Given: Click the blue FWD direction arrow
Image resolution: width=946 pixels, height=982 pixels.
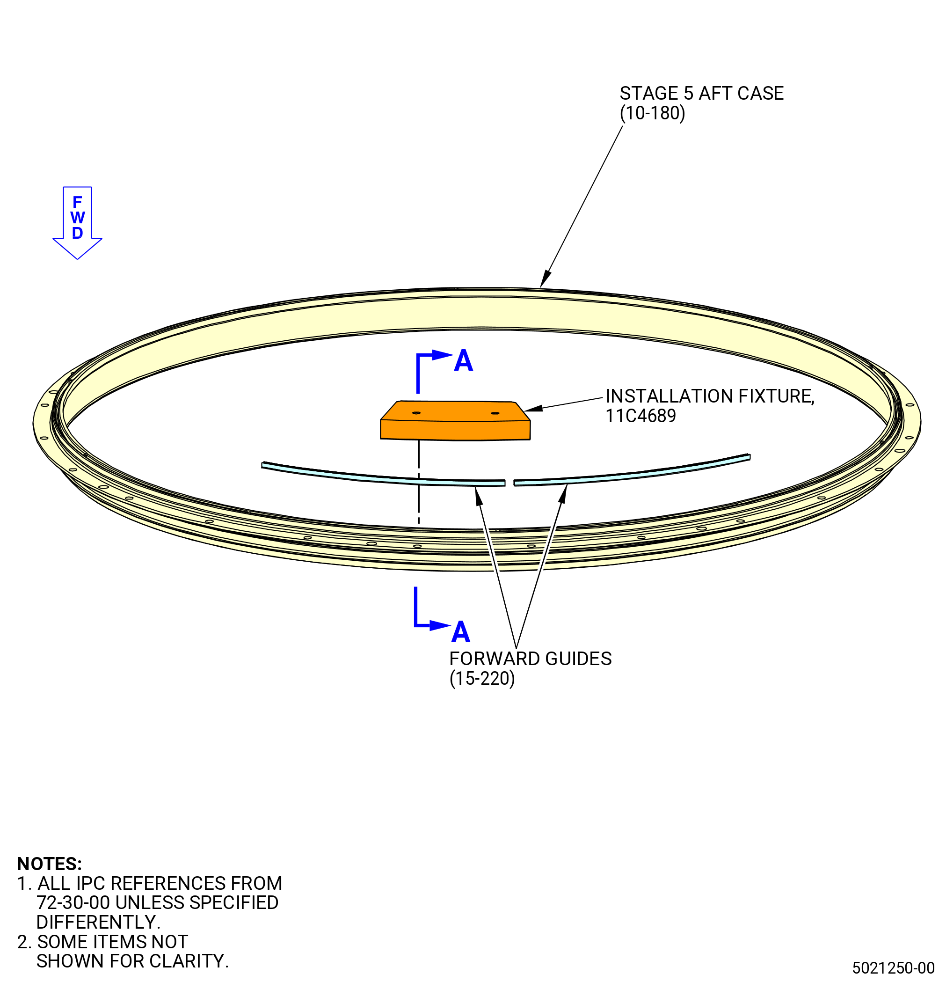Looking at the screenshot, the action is coord(77,222).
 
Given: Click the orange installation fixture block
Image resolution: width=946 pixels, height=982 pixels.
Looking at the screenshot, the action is coord(455,421).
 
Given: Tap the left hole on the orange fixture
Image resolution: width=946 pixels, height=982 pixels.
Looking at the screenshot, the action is coord(416,413).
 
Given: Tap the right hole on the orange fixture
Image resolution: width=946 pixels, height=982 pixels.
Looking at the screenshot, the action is coord(495,413).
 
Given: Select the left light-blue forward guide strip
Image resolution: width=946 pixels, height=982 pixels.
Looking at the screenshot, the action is coord(383,476).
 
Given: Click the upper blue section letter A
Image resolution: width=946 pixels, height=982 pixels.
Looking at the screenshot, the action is coord(463,361).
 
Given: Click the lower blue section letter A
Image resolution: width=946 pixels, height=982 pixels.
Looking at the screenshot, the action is coord(461,632).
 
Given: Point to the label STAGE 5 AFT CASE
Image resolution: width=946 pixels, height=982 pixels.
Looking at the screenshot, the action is coord(701,93).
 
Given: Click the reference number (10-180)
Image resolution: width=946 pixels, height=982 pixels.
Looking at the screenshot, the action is coord(652,113).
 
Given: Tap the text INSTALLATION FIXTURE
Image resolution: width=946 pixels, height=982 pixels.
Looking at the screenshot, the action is coord(710,396).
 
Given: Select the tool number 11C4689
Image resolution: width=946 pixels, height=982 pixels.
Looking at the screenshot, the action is coord(640,416).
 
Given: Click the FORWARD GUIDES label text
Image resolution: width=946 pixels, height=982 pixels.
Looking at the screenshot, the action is coord(531,659).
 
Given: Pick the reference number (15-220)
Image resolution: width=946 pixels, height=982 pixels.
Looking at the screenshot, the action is coord(482,678).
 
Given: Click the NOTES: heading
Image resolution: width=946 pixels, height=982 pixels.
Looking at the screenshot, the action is coord(49,864).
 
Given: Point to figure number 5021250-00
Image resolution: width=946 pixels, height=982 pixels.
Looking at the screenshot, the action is coord(894,967).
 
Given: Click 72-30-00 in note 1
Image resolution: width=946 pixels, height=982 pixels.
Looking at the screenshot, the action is coord(73,902).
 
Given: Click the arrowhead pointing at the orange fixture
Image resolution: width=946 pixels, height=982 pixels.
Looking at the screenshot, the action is coord(533,408).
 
